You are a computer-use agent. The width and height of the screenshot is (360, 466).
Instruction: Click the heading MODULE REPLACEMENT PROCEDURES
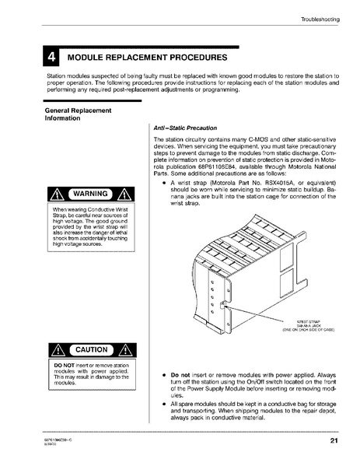tap(148, 58)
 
